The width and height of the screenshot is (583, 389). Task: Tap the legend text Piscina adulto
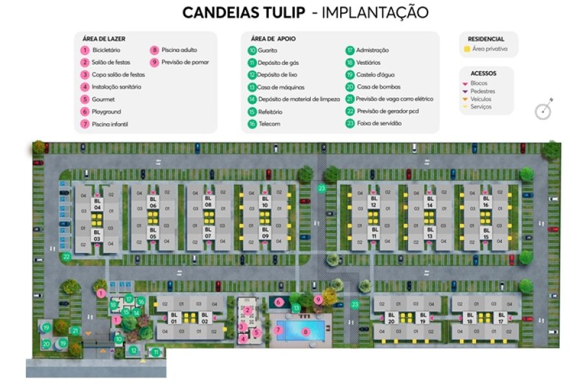point(179,50)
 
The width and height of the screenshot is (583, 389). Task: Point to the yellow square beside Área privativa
point(466,49)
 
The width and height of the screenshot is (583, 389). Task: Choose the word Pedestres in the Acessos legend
point(483,91)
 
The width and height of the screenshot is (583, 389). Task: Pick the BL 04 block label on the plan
point(97,204)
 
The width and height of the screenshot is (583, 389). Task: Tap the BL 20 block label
point(391,318)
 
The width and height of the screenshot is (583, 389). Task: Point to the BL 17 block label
point(501,318)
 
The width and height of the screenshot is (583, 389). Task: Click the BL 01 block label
point(174,318)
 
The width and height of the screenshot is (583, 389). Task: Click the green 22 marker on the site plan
point(66,257)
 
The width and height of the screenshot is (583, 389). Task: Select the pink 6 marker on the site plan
point(279,301)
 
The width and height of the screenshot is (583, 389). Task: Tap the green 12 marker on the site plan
point(133,351)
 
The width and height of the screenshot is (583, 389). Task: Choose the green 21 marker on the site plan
point(75,331)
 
